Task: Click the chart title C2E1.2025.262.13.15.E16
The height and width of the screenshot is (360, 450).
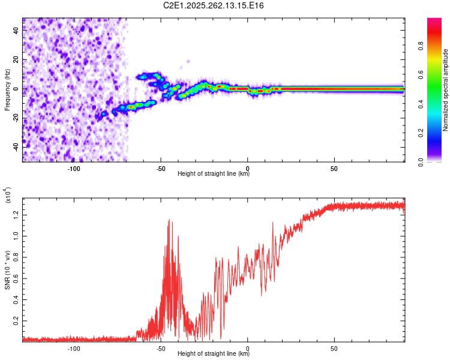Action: click(214, 5)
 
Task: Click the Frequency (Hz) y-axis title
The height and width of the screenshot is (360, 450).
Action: click(7, 89)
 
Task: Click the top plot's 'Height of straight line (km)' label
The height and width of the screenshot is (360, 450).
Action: click(214, 174)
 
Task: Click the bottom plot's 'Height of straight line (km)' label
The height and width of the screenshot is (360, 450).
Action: click(214, 353)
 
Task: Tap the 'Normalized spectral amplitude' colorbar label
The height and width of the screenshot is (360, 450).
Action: click(446, 90)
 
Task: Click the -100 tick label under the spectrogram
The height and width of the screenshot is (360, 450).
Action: click(74, 169)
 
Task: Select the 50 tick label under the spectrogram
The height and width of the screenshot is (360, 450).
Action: click(334, 169)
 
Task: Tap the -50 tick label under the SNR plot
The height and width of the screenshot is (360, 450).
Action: click(160, 348)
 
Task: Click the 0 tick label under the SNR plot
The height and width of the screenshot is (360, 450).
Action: click(248, 348)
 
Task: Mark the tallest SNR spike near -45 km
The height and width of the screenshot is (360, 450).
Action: click(169, 220)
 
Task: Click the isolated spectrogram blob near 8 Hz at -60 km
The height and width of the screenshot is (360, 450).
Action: click(142, 76)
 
